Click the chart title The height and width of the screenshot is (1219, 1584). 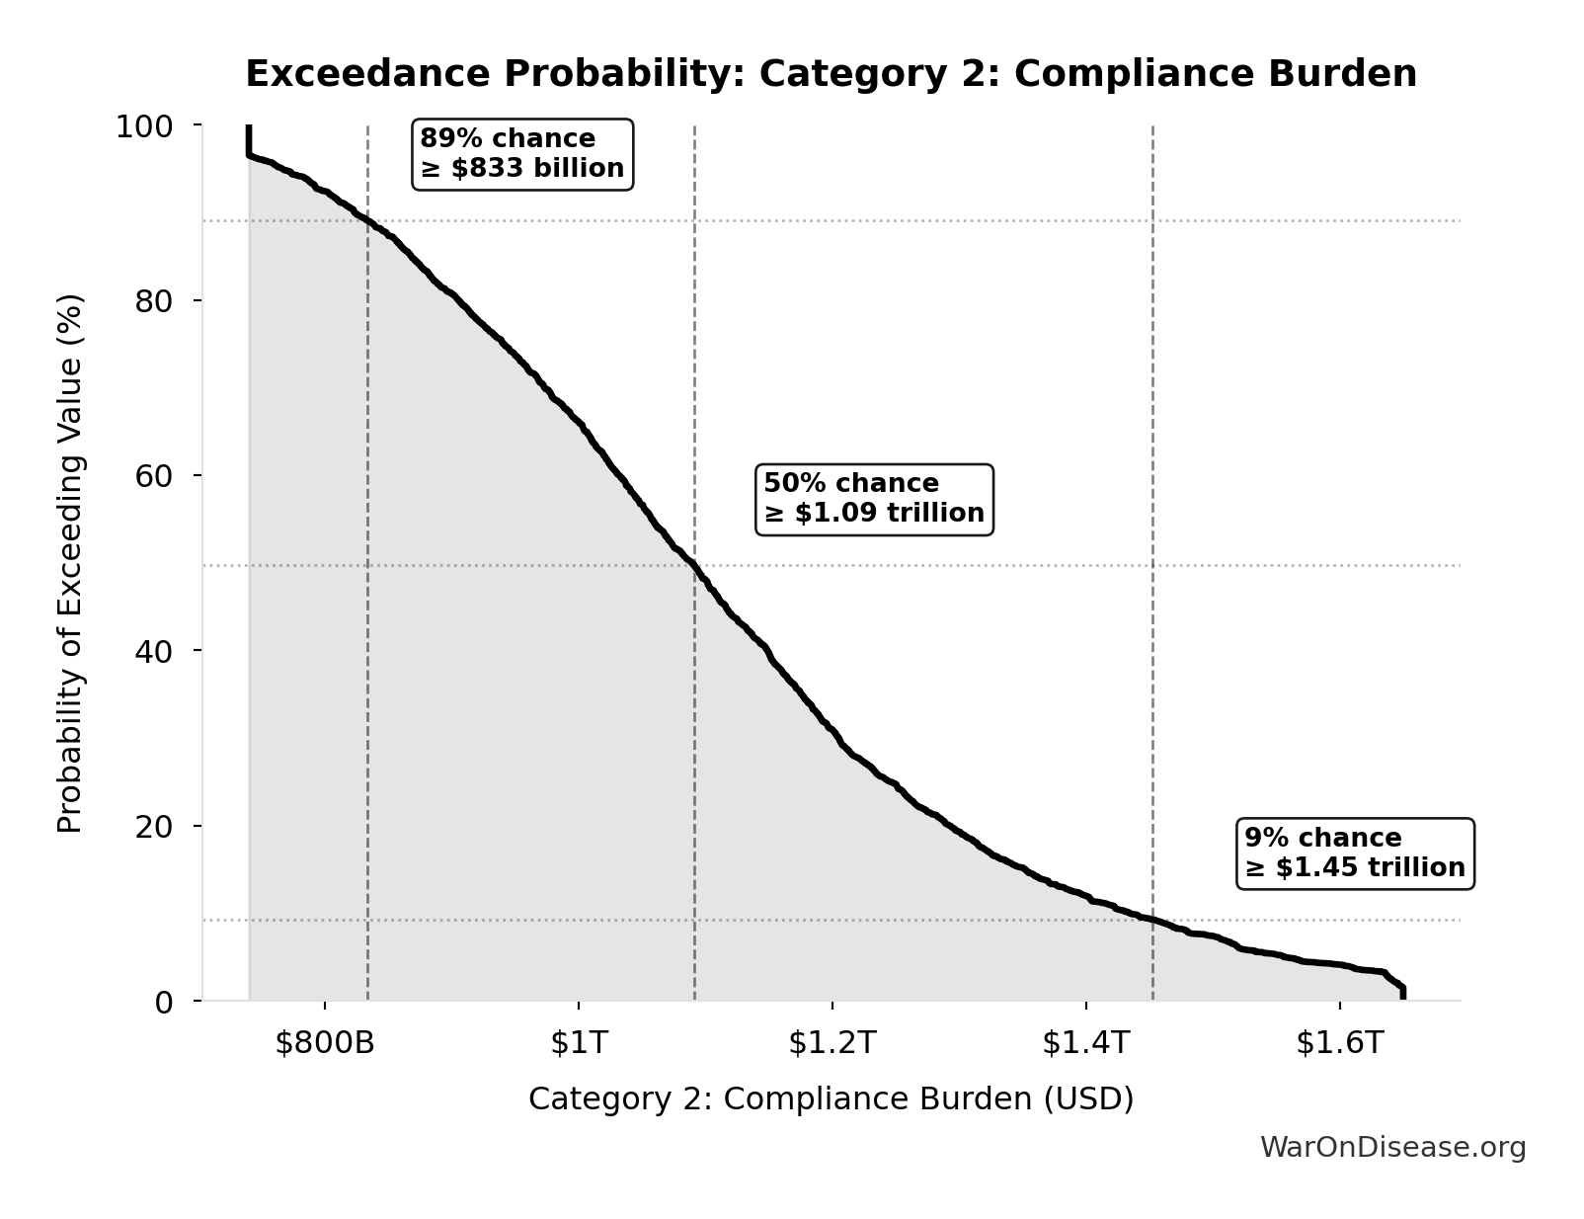coord(831,74)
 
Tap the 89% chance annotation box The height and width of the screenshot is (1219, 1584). coord(522,154)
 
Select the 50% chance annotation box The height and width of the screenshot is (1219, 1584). coord(874,499)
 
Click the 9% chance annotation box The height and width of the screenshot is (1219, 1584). coord(1355,853)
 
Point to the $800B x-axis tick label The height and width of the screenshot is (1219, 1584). coord(325,1043)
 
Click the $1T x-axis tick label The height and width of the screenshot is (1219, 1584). coord(579,1043)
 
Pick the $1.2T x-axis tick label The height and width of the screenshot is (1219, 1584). coord(832,1043)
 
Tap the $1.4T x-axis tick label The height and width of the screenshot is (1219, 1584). coord(1085,1043)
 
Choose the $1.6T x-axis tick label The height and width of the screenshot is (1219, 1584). coord(1339,1043)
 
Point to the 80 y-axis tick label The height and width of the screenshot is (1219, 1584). coord(153,301)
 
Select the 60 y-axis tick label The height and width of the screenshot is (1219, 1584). coord(153,476)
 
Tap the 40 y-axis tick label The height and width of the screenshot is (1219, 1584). coord(153,651)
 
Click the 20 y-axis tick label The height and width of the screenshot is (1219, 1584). coord(153,826)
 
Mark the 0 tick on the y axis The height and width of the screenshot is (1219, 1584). coord(163,1002)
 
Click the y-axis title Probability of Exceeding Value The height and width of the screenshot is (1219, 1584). coord(70,563)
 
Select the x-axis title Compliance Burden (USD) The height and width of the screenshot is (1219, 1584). coord(831,1099)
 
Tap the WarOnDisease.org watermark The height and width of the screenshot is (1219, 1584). coord(1392,1148)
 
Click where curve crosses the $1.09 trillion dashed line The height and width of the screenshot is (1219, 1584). coord(694,566)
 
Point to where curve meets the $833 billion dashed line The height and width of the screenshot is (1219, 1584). coord(367,221)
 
